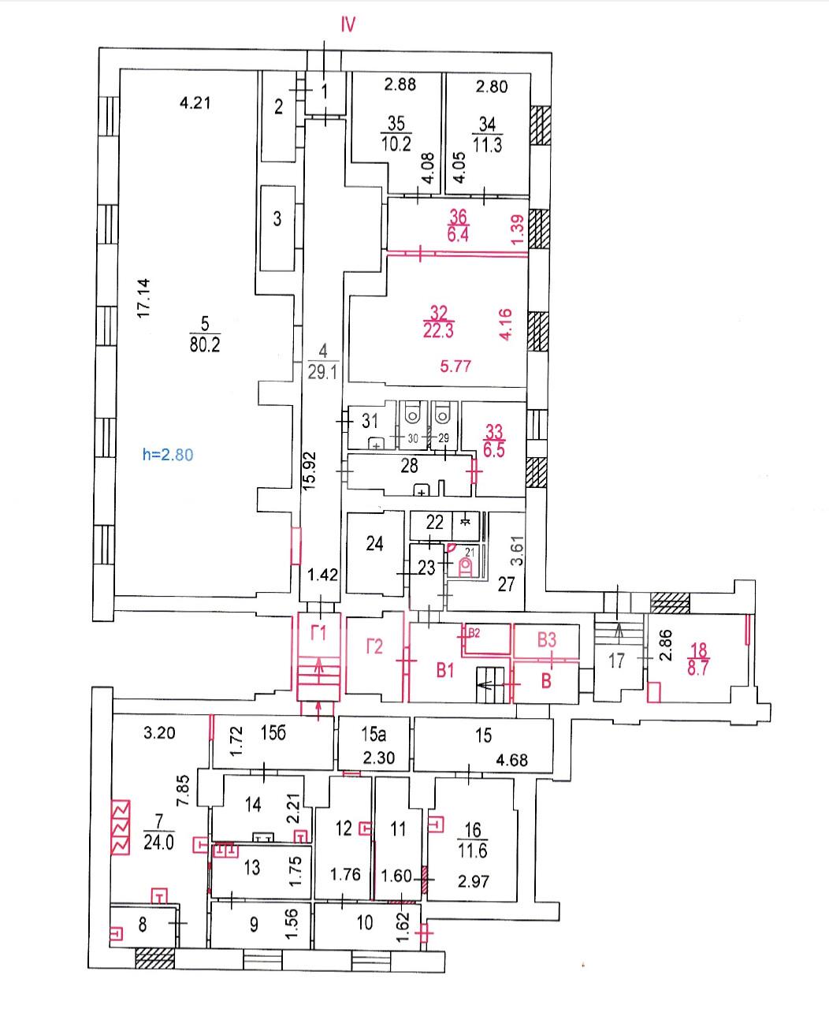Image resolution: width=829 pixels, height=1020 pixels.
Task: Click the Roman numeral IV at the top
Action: tap(348, 25)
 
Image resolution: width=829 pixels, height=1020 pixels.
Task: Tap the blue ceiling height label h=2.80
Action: tap(167, 454)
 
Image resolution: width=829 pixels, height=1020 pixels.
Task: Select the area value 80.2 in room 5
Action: tap(204, 344)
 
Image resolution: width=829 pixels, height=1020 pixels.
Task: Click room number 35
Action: tap(396, 123)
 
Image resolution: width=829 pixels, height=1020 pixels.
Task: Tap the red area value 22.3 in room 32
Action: tap(438, 332)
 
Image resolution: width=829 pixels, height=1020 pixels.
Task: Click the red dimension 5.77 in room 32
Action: tap(455, 366)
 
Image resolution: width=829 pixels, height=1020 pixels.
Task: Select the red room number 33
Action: tap(494, 431)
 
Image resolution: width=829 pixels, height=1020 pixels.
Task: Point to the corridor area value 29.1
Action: tap(323, 374)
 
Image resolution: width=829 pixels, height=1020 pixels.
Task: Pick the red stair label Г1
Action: tap(318, 632)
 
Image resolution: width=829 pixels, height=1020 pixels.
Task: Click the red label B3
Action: tap(547, 639)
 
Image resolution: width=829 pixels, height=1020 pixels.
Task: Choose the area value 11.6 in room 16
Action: tap(472, 852)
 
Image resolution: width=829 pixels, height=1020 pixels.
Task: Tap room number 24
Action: tap(375, 544)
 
